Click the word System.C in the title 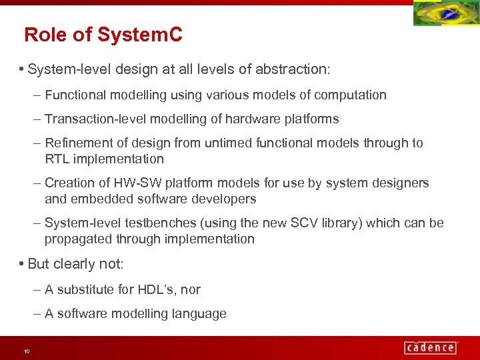coord(139,35)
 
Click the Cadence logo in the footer coord(430,347)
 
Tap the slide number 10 coord(27,351)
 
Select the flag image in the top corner coord(446,14)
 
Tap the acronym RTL coord(57,159)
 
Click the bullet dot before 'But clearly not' coord(23,264)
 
